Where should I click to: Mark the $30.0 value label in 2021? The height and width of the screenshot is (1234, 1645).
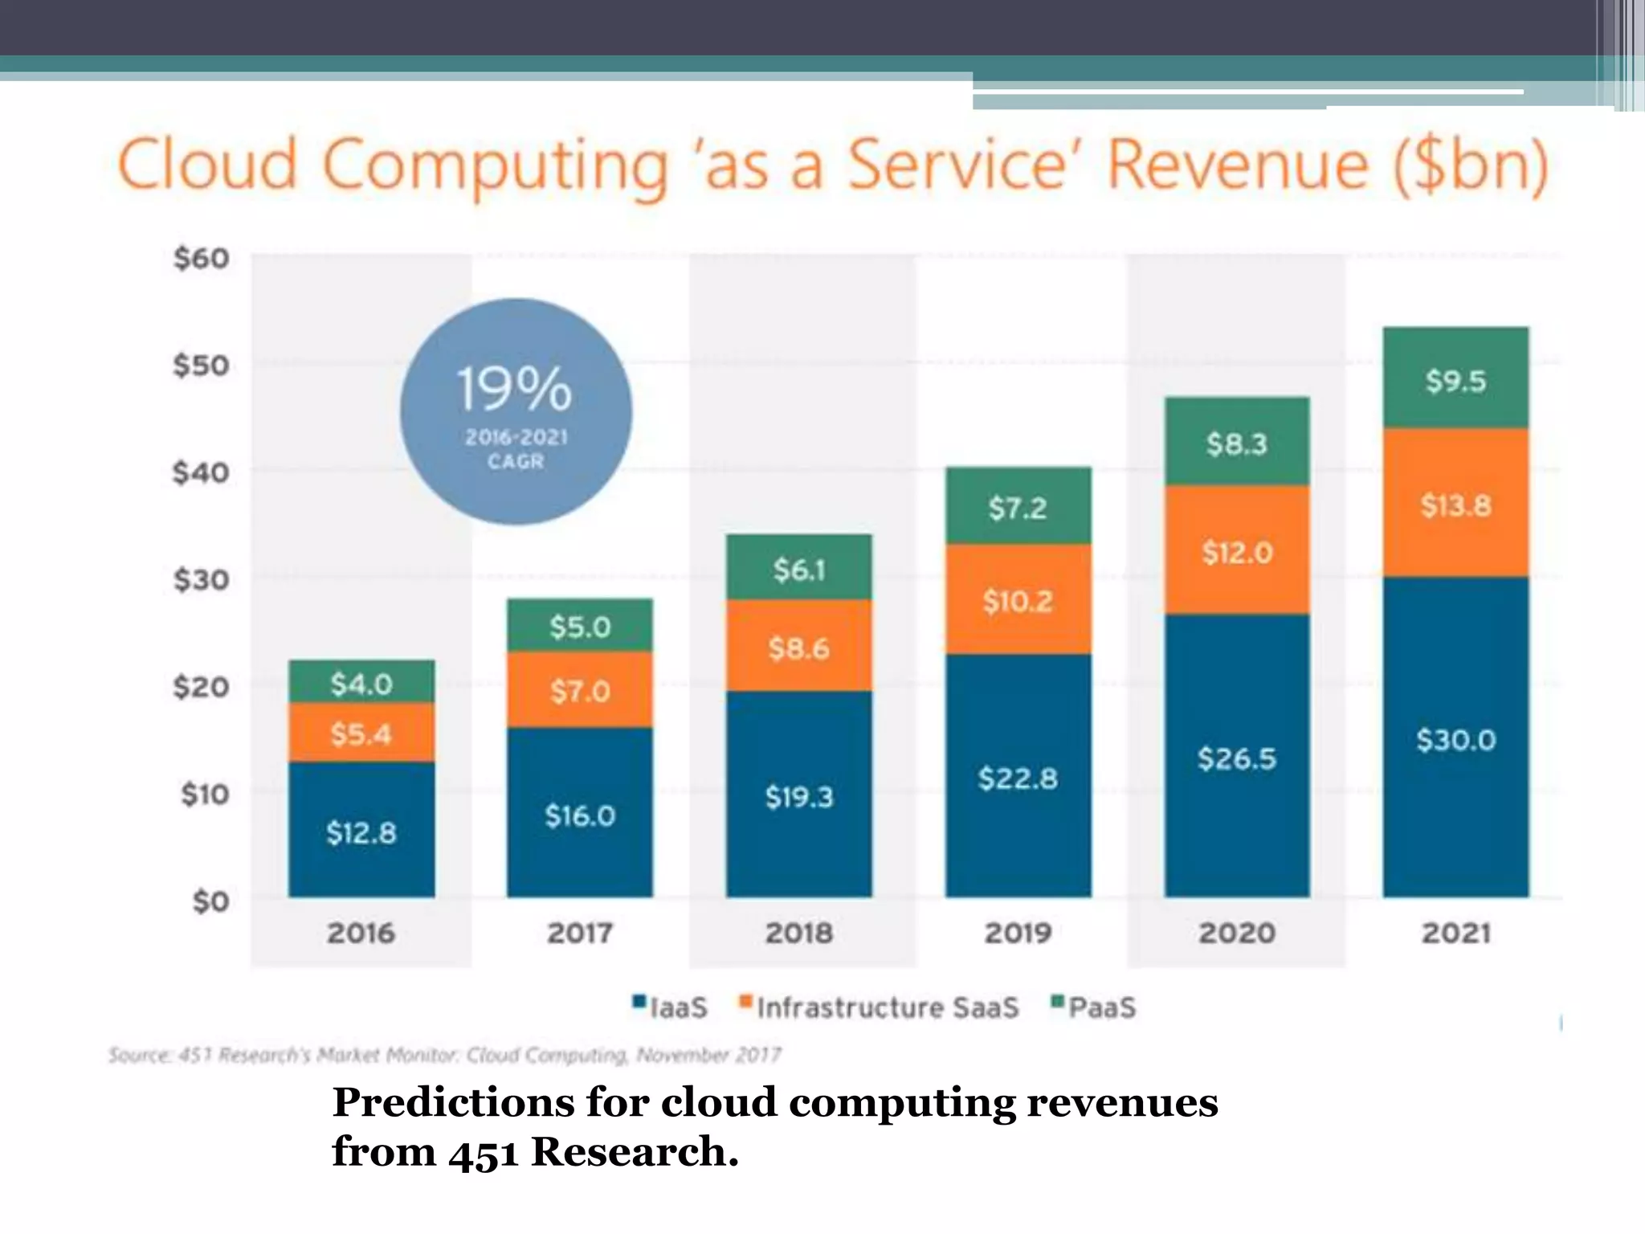pyautogui.click(x=1455, y=739)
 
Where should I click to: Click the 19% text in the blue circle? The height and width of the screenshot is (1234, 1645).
pyautogui.click(x=515, y=389)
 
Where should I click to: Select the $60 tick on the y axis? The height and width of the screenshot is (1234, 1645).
pyautogui.click(x=202, y=259)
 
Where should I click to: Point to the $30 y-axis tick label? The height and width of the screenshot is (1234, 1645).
pyautogui.click(x=202, y=579)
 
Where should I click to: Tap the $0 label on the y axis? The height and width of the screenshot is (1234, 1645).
pyautogui.click(x=210, y=901)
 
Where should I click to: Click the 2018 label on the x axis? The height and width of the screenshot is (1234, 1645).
pyautogui.click(x=798, y=933)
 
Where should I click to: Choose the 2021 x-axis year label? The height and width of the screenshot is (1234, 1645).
pyautogui.click(x=1455, y=933)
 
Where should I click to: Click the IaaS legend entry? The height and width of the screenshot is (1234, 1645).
pyautogui.click(x=671, y=1007)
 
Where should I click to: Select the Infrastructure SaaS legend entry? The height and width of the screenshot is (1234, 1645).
pyautogui.click(x=880, y=1007)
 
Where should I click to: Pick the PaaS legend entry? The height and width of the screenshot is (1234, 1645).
pyautogui.click(x=1094, y=1007)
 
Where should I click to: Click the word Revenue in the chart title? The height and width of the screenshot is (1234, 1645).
pyautogui.click(x=1237, y=165)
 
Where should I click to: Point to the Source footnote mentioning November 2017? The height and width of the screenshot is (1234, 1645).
pyautogui.click(x=444, y=1054)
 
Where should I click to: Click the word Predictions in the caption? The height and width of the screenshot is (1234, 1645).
pyautogui.click(x=453, y=1102)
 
